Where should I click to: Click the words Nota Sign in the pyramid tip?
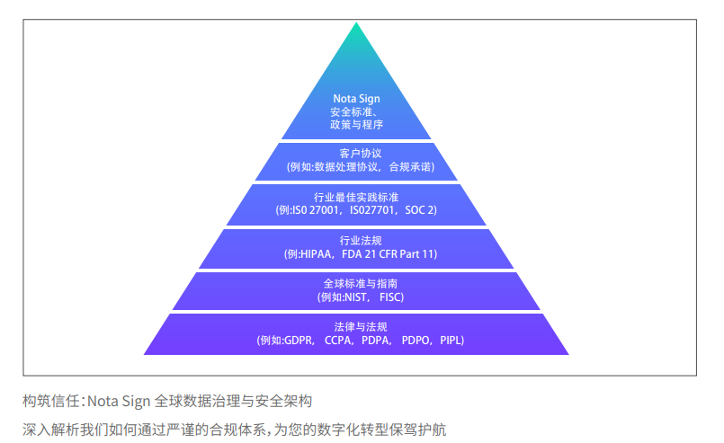click(x=356, y=99)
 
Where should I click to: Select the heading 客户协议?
click(x=360, y=153)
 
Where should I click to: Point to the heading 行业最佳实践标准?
click(x=356, y=197)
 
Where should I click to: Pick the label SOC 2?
click(x=419, y=210)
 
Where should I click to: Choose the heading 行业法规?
click(x=361, y=241)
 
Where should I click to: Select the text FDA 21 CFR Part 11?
click(x=388, y=253)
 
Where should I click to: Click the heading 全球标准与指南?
click(x=360, y=283)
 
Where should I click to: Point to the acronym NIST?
click(x=355, y=297)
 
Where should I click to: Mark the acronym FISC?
click(x=389, y=297)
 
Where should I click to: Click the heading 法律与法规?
click(x=361, y=327)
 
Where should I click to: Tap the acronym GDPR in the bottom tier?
click(x=298, y=341)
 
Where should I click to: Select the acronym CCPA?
click(x=338, y=341)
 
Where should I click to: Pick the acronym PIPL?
click(x=451, y=341)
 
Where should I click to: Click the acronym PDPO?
click(x=416, y=341)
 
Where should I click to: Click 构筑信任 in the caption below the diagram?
click(x=50, y=401)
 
